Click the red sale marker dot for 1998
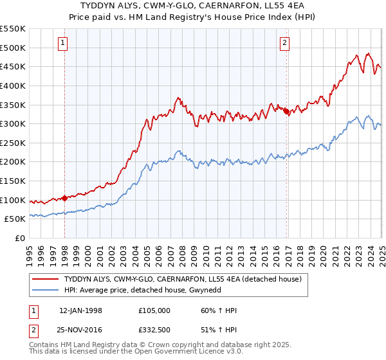(x=65, y=198)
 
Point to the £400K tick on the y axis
(x=13, y=85)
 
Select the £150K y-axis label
(x=13, y=181)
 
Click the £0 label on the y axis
(x=19, y=238)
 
